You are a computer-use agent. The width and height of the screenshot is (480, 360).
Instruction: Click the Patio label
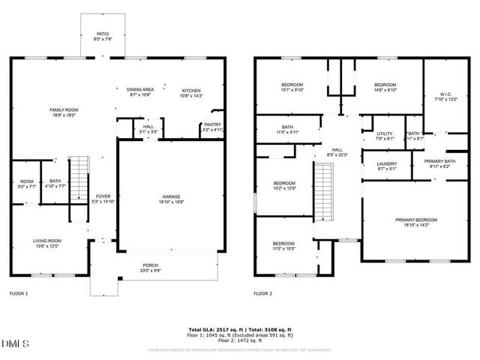(102, 34)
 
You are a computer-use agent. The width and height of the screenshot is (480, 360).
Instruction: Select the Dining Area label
(141, 90)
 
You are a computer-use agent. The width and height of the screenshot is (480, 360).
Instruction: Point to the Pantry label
(213, 125)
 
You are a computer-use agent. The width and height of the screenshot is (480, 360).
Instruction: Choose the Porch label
(151, 265)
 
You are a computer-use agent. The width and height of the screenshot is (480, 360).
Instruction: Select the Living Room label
(46, 241)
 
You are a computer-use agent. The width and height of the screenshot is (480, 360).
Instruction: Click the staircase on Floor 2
(322, 193)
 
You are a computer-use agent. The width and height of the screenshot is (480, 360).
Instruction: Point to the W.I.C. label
(445, 94)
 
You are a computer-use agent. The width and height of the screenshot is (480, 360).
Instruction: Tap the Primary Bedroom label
(416, 220)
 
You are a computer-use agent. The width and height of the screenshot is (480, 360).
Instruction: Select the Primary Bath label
(439, 161)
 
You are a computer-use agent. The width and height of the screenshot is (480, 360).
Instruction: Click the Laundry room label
(387, 163)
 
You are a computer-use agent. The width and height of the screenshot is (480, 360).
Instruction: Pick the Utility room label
(385, 133)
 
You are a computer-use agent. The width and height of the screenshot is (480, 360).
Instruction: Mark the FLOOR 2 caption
(263, 293)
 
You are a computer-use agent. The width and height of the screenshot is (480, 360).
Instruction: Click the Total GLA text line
(239, 329)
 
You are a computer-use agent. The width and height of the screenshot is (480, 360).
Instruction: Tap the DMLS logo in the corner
(15, 344)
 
